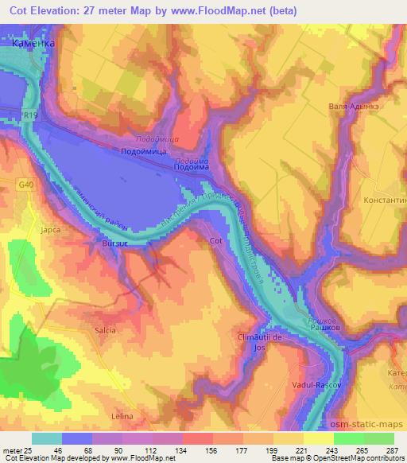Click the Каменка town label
(33, 45)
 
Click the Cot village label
(215, 239)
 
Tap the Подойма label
(190, 167)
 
